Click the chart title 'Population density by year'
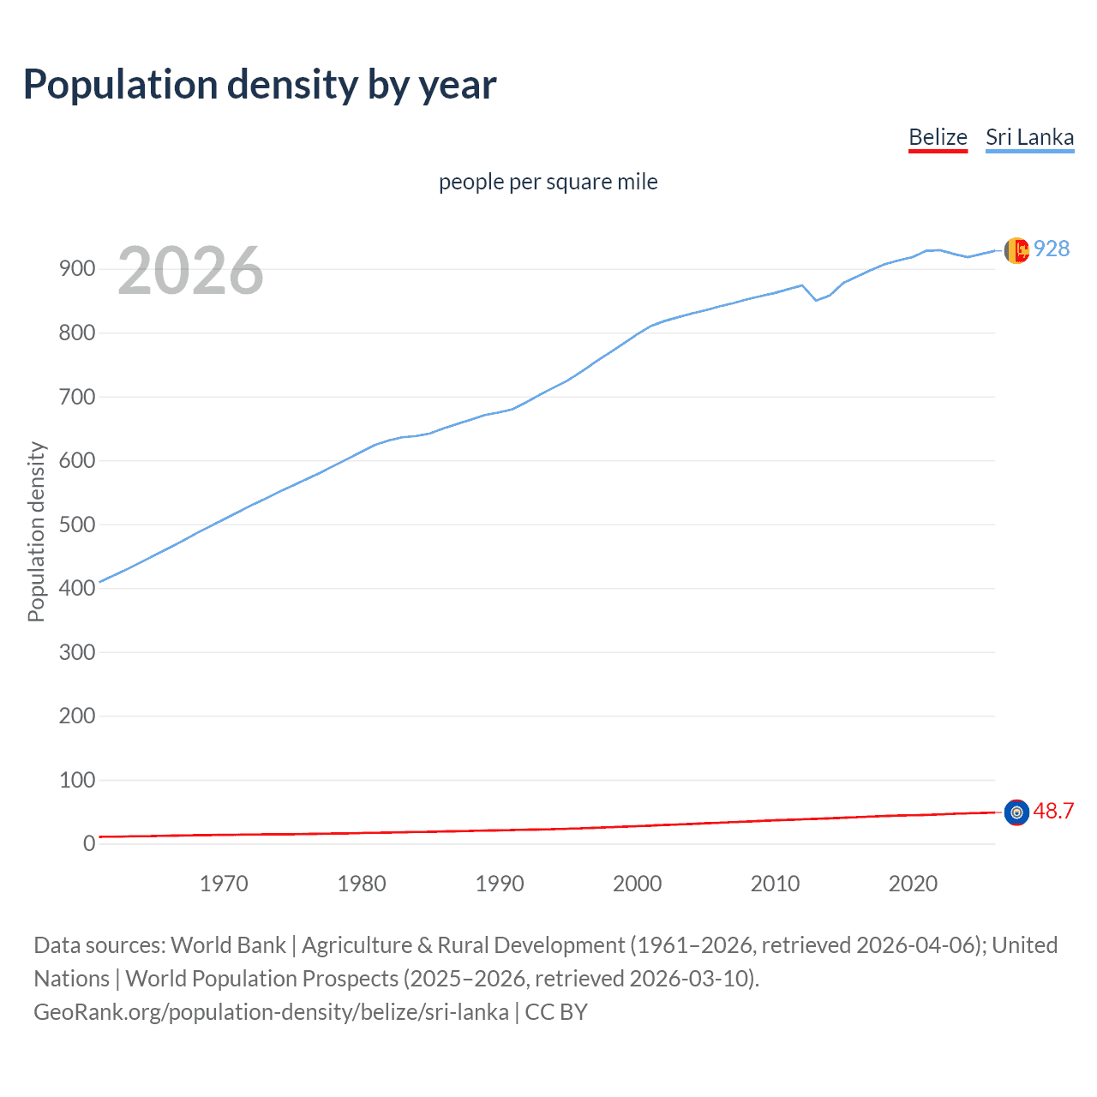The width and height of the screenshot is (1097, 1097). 260,85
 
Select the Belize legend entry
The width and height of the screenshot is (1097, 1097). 938,137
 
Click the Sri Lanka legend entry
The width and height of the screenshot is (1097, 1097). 1029,137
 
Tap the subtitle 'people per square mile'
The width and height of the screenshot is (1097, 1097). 548,182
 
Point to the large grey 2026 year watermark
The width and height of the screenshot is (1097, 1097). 190,271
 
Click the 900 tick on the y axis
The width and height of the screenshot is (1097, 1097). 76,269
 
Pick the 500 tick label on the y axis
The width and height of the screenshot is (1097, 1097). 76,525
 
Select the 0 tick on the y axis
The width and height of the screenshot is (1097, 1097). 89,843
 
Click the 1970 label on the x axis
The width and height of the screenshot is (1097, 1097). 224,884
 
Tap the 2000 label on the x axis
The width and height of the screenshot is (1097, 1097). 637,884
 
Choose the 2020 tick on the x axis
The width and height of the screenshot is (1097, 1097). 913,884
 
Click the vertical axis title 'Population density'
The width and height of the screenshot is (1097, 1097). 36,531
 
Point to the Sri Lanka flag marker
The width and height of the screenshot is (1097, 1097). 1016,250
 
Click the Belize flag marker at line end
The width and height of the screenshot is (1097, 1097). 1016,812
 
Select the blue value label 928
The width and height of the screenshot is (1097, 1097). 1052,249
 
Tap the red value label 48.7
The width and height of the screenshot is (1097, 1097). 1053,811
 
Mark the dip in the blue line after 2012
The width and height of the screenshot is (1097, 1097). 816,299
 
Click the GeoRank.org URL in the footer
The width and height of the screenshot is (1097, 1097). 271,1012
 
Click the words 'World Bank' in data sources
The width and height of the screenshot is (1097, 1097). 228,945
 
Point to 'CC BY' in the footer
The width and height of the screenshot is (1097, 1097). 556,1012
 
